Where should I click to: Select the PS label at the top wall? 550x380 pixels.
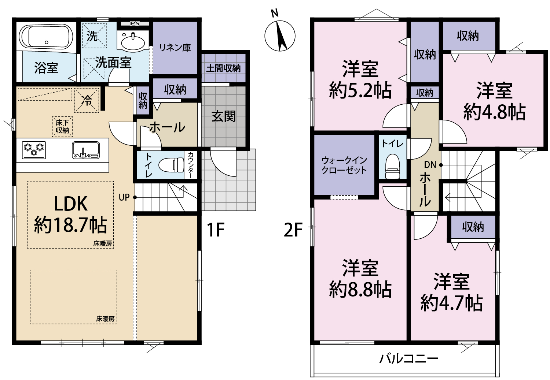coord(135,23)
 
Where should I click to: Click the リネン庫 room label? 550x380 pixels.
coord(175,48)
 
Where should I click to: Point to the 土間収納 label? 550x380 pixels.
coord(223,68)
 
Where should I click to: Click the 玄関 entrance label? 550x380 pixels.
coord(223,116)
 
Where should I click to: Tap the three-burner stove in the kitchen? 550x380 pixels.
coord(34,150)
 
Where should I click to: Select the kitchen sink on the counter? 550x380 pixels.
coord(86,150)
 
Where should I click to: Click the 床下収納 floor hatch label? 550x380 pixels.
coord(62,127)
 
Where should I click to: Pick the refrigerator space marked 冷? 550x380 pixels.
coord(87,101)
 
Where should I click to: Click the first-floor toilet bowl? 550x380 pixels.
coord(171,165)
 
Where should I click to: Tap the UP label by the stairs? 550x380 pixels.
coord(124,197)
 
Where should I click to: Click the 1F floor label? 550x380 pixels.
coord(216,230)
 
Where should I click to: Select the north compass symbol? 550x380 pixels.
coord(280,36)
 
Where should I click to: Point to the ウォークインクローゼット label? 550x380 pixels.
coord(344,165)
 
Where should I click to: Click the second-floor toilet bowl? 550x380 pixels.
coord(393,166)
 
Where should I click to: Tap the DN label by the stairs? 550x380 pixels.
coord(430,165)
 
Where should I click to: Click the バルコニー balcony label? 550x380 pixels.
coord(408,359)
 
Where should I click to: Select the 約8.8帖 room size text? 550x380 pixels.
coord(360,290)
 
